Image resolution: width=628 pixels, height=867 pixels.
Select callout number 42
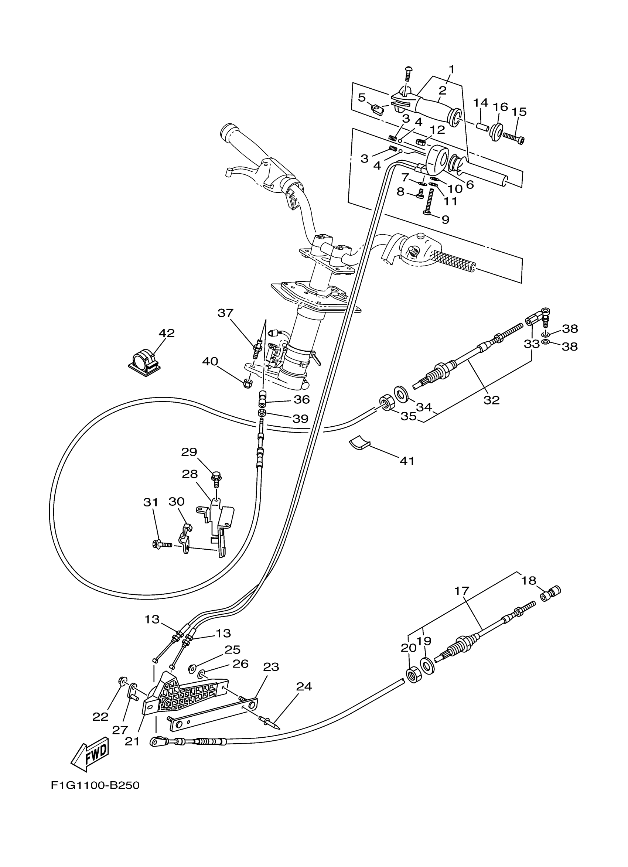point(167,333)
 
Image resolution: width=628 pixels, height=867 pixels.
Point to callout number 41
point(407,461)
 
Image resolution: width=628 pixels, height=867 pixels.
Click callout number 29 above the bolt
point(189,452)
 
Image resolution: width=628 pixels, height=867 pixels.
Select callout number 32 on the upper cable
point(492,400)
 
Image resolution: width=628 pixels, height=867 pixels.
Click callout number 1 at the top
point(451,69)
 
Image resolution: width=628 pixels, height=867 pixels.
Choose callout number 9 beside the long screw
point(445,219)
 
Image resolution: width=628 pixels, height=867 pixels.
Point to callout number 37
point(225,313)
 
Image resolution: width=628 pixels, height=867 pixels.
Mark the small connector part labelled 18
point(550,595)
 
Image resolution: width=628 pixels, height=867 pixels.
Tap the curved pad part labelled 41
point(360,443)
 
